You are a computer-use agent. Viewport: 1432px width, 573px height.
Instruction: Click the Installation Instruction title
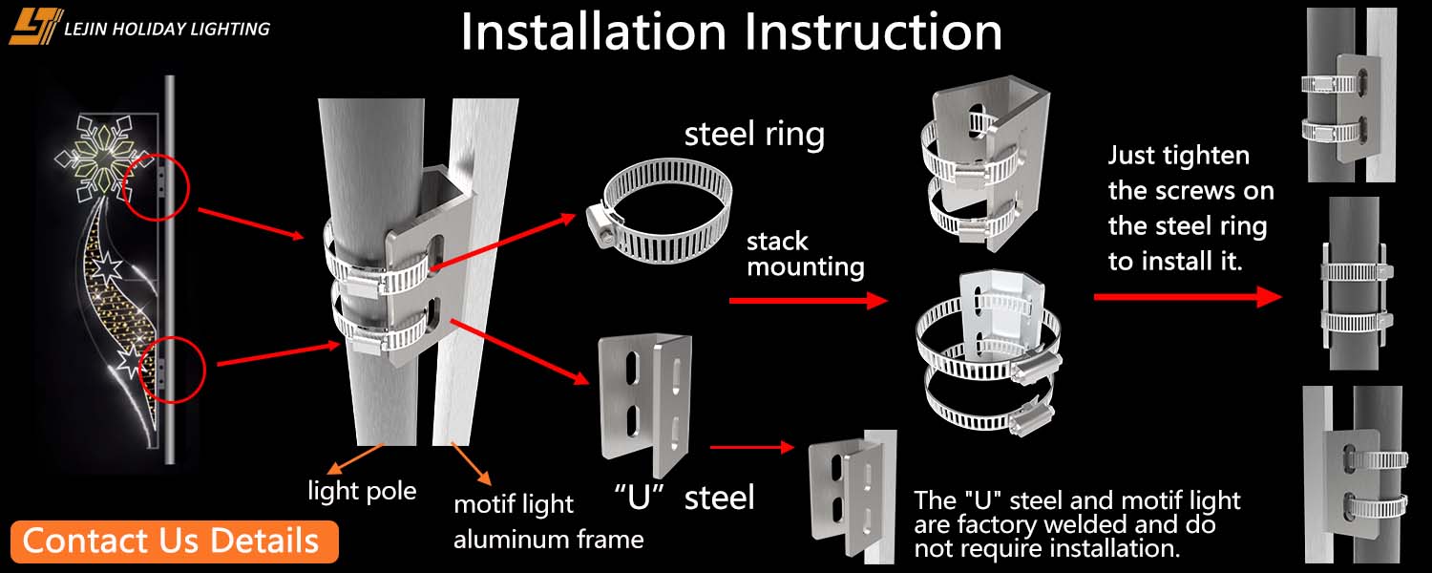coord(731,32)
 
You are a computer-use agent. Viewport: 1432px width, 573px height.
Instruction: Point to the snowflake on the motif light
coord(103,151)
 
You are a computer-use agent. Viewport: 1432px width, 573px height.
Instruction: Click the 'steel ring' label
coord(754,135)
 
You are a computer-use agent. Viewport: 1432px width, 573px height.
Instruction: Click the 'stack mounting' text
coord(805,254)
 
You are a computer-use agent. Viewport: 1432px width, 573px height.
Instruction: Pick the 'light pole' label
coord(362,492)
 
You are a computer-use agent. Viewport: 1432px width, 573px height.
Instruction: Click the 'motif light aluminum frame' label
coord(548,521)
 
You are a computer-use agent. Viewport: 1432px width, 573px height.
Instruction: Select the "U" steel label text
coord(684,497)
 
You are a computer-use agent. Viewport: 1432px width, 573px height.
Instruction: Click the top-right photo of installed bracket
coord(1351,95)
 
